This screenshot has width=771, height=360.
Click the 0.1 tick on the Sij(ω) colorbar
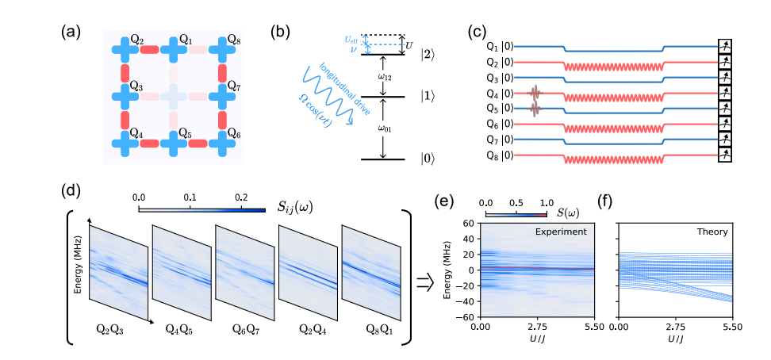coord(190,195)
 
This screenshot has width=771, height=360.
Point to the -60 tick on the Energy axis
coord(469,316)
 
